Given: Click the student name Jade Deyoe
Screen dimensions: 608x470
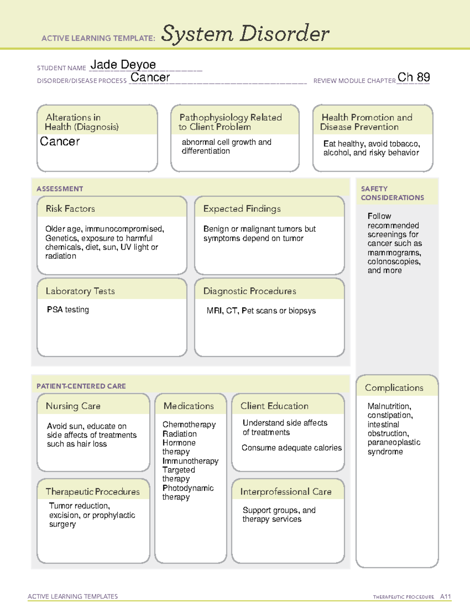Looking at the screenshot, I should coord(123,65).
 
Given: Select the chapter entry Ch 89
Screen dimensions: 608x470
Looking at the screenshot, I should coord(413,78).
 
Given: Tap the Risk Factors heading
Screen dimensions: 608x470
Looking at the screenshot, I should coord(70,209).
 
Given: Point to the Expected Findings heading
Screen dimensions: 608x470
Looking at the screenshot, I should coord(242,209).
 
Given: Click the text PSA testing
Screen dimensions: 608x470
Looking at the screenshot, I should coord(68,310).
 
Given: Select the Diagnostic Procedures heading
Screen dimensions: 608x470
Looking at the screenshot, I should coord(249,291).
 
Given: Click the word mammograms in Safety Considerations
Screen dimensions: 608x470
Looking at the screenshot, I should coord(394,253).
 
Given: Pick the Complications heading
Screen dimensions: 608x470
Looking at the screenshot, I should coord(394,388).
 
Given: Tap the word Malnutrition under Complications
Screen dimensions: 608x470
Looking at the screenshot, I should coord(389,406).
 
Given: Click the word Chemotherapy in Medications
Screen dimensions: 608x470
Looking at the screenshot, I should coord(189,424).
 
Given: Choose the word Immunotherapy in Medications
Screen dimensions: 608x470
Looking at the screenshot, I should coord(190,461).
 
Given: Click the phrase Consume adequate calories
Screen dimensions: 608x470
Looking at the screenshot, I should coord(291,447).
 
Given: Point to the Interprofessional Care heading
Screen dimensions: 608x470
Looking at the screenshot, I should coord(286,491).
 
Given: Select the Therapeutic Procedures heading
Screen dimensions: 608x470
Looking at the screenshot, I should coord(92,491).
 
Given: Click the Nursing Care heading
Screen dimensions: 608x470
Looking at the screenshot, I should coord(73,406).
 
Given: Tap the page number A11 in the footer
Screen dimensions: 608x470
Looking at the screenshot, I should coord(445,596).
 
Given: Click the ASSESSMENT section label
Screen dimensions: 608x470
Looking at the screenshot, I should coord(60,189).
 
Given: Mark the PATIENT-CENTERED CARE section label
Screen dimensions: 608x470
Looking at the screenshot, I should coord(81,386).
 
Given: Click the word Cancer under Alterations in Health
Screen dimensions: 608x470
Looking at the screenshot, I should coord(60,141).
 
